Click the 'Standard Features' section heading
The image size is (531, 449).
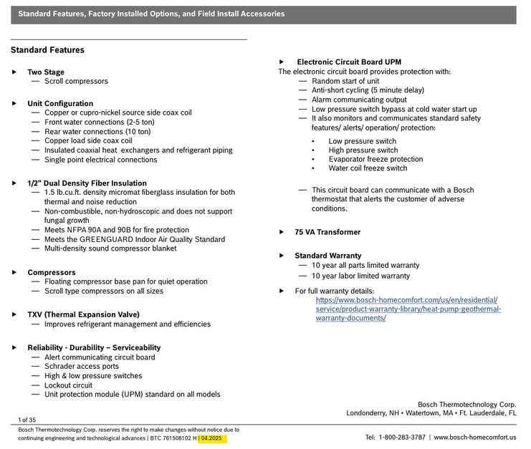click(x=47, y=50)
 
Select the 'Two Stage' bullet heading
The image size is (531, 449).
click(x=46, y=72)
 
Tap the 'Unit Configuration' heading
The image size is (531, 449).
click(x=60, y=104)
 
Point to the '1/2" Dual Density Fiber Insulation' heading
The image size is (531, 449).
click(x=87, y=183)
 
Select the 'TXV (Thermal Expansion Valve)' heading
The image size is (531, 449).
click(x=83, y=314)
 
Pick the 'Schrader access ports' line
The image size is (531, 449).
click(x=82, y=367)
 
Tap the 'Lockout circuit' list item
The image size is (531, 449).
click(x=69, y=385)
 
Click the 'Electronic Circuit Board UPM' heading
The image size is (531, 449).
click(x=349, y=62)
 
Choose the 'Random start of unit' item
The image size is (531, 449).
click(x=345, y=82)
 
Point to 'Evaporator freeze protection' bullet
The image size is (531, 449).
click(x=375, y=160)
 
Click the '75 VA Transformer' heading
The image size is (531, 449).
click(x=327, y=232)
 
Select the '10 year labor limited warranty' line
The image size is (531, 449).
click(x=360, y=276)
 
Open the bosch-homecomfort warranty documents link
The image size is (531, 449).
click(x=408, y=309)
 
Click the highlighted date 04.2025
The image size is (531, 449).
click(x=212, y=438)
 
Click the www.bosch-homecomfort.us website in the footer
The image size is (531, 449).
click(x=475, y=437)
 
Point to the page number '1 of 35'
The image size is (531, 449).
click(x=27, y=420)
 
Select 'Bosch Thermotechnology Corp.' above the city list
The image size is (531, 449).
click(x=467, y=405)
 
